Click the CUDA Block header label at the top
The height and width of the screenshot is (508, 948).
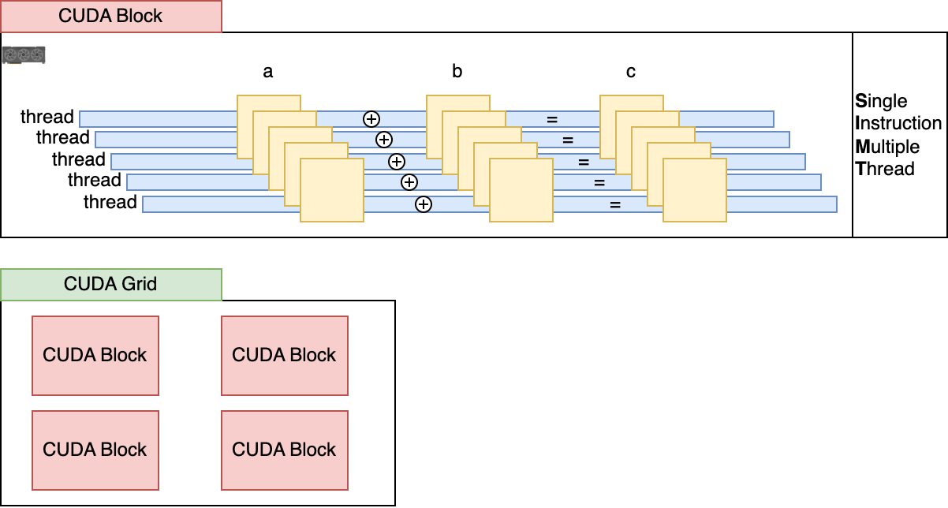pyautogui.click(x=110, y=16)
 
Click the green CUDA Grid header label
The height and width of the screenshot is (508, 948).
pyautogui.click(x=110, y=284)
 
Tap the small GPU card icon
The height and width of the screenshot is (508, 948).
pyautogui.click(x=24, y=55)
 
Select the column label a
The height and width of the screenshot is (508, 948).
pyautogui.click(x=268, y=72)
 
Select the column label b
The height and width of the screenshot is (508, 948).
pyautogui.click(x=457, y=72)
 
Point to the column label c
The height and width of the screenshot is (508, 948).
pyautogui.click(x=631, y=72)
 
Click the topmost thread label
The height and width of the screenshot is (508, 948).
pyautogui.click(x=47, y=117)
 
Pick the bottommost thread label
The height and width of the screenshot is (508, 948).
pyautogui.click(x=110, y=202)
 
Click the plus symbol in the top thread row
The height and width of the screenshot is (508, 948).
pyautogui.click(x=371, y=119)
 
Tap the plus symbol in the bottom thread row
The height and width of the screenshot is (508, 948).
pyautogui.click(x=424, y=204)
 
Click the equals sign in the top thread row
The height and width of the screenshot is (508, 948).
pyautogui.click(x=552, y=119)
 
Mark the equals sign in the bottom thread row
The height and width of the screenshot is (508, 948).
pyautogui.click(x=615, y=204)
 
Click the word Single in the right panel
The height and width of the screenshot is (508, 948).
pyautogui.click(x=881, y=101)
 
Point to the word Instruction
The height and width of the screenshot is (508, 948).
pyautogui.click(x=898, y=124)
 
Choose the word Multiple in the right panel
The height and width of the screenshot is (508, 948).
pyautogui.click(x=887, y=147)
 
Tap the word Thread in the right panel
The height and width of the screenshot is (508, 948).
pyautogui.click(x=885, y=169)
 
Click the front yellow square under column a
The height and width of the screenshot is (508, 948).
pyautogui.click(x=332, y=189)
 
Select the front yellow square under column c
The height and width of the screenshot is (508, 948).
pyautogui.click(x=695, y=189)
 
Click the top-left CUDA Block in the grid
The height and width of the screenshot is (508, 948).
pyautogui.click(x=95, y=355)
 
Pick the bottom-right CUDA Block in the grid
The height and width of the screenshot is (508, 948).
pyautogui.click(x=285, y=450)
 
